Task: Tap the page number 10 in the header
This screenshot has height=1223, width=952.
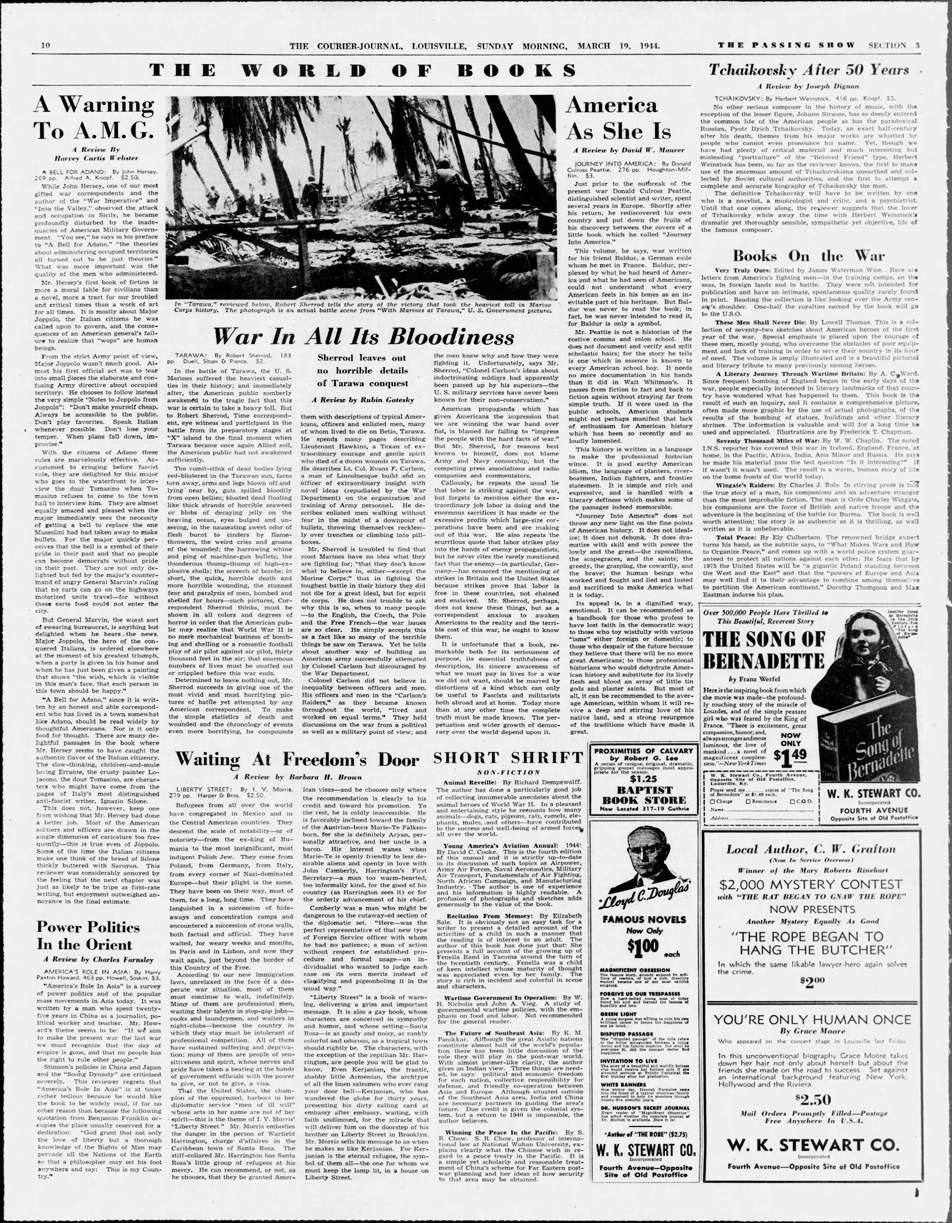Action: click(x=46, y=45)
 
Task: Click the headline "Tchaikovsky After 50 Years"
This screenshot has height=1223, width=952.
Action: click(x=809, y=70)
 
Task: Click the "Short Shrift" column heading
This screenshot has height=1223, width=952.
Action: click(x=508, y=758)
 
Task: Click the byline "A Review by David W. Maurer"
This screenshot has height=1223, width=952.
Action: click(x=629, y=150)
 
